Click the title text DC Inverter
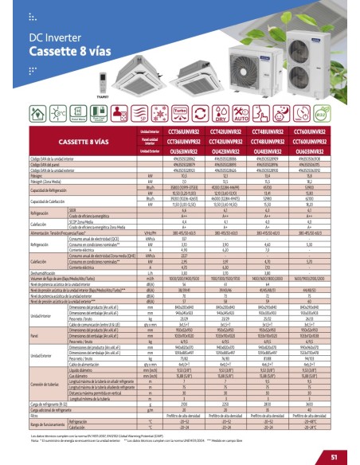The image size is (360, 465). pyautogui.click(x=52, y=37)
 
